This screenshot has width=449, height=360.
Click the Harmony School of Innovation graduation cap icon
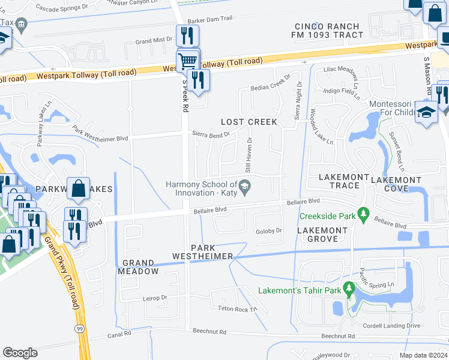pos(244,188)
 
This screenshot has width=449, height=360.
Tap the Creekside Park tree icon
pos(363,214)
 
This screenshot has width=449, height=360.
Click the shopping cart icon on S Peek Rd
pos(188,61)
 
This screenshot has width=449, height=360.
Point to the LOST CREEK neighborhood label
pos(249,122)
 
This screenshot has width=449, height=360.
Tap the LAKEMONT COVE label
pos(396,184)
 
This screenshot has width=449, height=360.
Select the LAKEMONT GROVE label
pos(322,235)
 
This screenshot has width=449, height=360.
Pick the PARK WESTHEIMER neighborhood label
pos(203,252)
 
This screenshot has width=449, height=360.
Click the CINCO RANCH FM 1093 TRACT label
pos(328,31)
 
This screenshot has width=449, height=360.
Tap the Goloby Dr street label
pos(269,230)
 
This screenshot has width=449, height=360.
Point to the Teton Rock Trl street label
pos(237,309)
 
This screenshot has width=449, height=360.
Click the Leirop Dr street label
pos(155,298)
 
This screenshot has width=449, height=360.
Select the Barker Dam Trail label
pos(209,19)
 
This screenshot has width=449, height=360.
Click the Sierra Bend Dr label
pos(211,134)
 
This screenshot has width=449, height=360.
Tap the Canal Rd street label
pos(120,336)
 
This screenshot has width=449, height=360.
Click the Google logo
pos(20,353)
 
